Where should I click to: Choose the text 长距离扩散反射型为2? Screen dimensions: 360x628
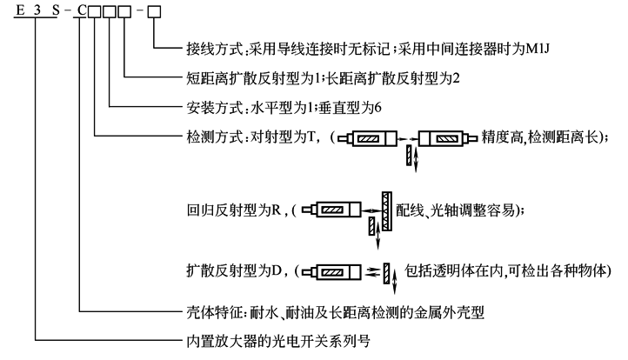click(x=375, y=78)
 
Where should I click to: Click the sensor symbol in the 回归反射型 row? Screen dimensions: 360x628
click(x=336, y=210)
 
